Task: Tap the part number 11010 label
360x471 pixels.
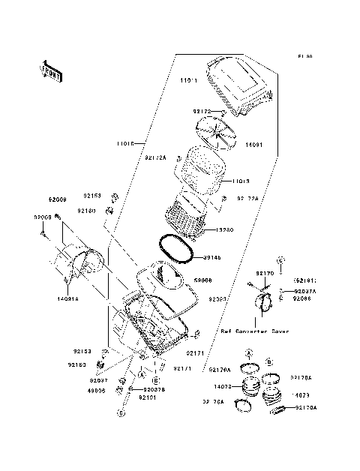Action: [127, 142]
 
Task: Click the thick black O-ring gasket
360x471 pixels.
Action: [177, 250]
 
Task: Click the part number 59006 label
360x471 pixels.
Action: [203, 279]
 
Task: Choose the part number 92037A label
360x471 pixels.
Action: [305, 290]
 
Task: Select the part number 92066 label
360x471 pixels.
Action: [303, 299]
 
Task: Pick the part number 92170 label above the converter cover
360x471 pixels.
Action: [265, 274]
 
